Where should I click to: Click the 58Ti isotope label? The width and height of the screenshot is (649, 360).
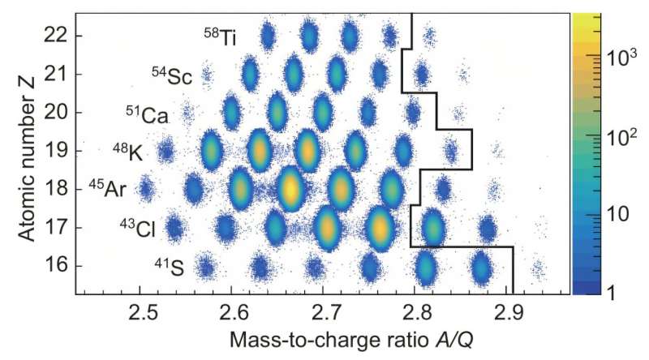220,36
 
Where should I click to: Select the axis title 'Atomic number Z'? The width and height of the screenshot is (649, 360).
25,152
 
